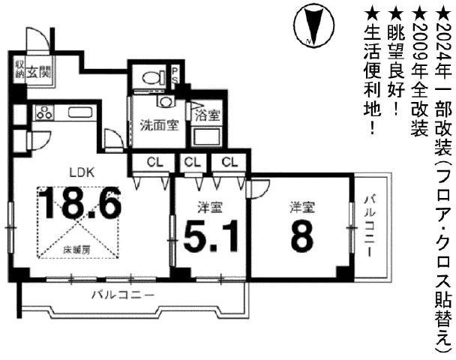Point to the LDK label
coord(81,171)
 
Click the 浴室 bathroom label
coord(206,115)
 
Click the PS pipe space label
coord(175,76)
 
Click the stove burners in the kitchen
coord(43,114)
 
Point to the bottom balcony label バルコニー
coord(121,295)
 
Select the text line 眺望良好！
coord(395,56)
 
